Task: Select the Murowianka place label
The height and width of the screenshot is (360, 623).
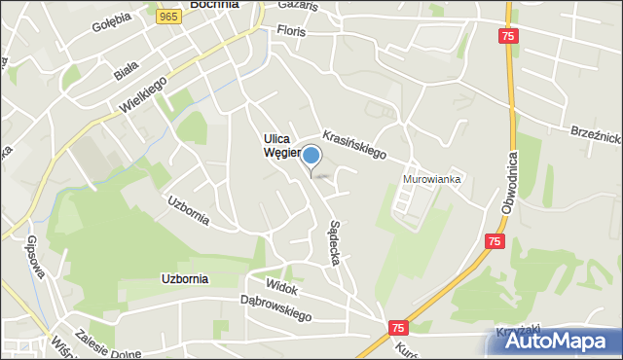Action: pyautogui.click(x=432, y=179)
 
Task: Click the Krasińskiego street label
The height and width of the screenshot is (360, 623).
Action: pyautogui.click(x=354, y=145)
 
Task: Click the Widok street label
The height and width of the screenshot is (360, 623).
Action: pyautogui.click(x=280, y=289)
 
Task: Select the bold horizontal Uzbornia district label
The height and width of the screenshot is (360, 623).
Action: pyautogui.click(x=184, y=278)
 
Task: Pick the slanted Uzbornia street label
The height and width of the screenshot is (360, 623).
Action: pyautogui.click(x=188, y=210)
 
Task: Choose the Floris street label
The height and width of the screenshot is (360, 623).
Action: pyautogui.click(x=290, y=32)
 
